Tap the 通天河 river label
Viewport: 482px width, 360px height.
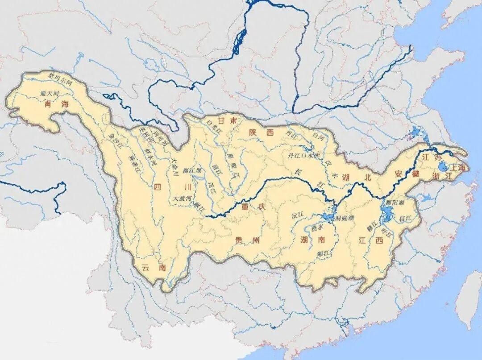point(49,94)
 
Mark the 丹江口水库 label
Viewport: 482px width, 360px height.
point(304,156)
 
